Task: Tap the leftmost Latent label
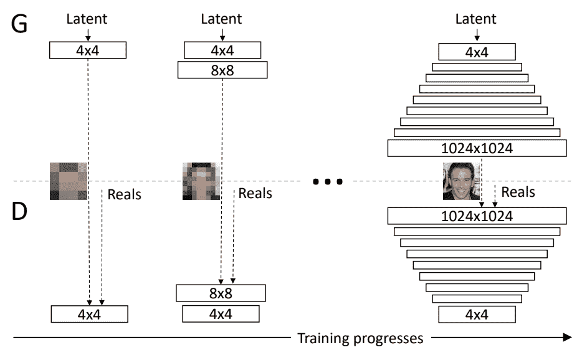[88, 19]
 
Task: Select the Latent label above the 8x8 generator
[222, 19]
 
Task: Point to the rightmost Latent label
[476, 19]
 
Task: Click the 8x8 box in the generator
[222, 69]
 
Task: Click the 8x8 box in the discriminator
[221, 293]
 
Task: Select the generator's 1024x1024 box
[477, 148]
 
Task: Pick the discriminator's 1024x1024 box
[477, 216]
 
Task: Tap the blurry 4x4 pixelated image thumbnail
[69, 181]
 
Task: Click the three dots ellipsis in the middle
[328, 182]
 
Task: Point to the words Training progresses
[360, 339]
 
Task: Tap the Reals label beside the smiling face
[518, 192]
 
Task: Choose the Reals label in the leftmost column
[124, 194]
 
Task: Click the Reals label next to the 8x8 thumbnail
[255, 194]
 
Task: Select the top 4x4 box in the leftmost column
[88, 50]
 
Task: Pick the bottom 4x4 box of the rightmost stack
[477, 315]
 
